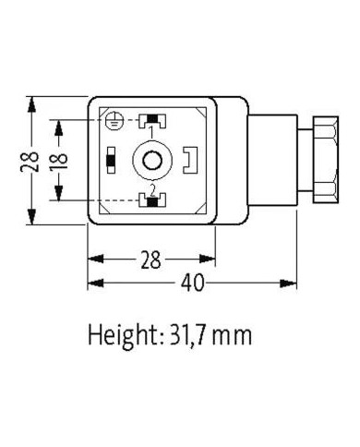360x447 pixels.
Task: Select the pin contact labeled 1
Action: point(150,120)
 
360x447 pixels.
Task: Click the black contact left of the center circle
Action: point(111,161)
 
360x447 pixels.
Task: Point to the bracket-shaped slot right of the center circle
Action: point(190,161)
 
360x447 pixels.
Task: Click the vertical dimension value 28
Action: point(31,162)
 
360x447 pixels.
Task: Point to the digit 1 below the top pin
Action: point(150,133)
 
